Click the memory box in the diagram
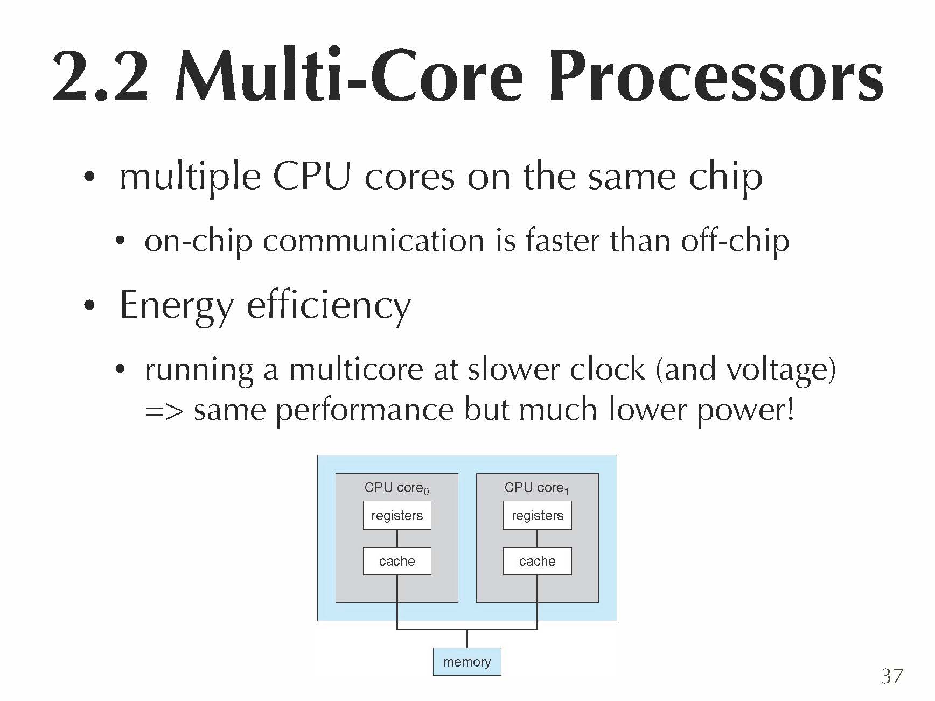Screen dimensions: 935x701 click(x=467, y=661)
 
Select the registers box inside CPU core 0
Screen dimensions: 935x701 click(x=397, y=515)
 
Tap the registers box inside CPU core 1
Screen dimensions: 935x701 click(x=538, y=515)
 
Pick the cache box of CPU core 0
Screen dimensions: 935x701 click(x=397, y=561)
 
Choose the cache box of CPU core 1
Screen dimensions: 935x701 click(x=538, y=561)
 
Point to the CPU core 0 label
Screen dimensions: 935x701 click(x=397, y=488)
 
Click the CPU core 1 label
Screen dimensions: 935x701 click(x=537, y=488)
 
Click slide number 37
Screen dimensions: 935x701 click(x=892, y=676)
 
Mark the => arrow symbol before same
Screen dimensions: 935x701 click(x=164, y=411)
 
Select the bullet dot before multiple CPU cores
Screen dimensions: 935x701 click(x=89, y=177)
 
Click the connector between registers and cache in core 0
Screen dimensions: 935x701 click(x=397, y=538)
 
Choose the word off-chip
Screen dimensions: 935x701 click(x=735, y=241)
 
